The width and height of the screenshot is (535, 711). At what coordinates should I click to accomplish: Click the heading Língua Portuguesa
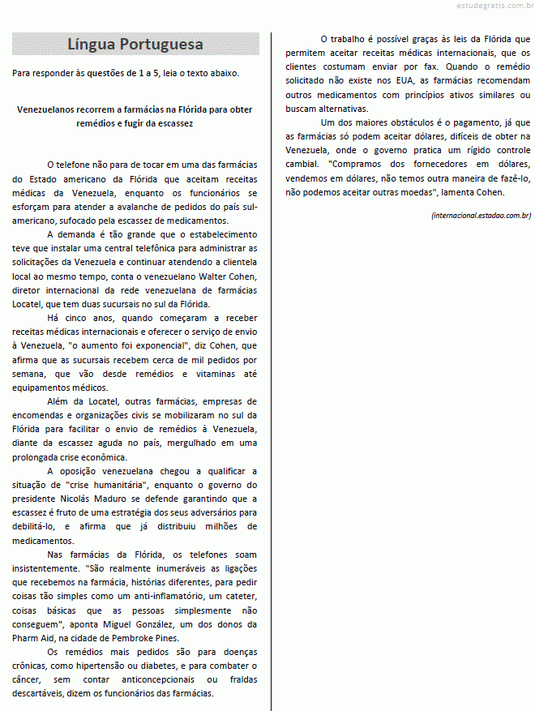135,44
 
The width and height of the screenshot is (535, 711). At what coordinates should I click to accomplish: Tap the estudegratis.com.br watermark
484,6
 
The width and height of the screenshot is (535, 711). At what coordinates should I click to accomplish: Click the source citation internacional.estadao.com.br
481,215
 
